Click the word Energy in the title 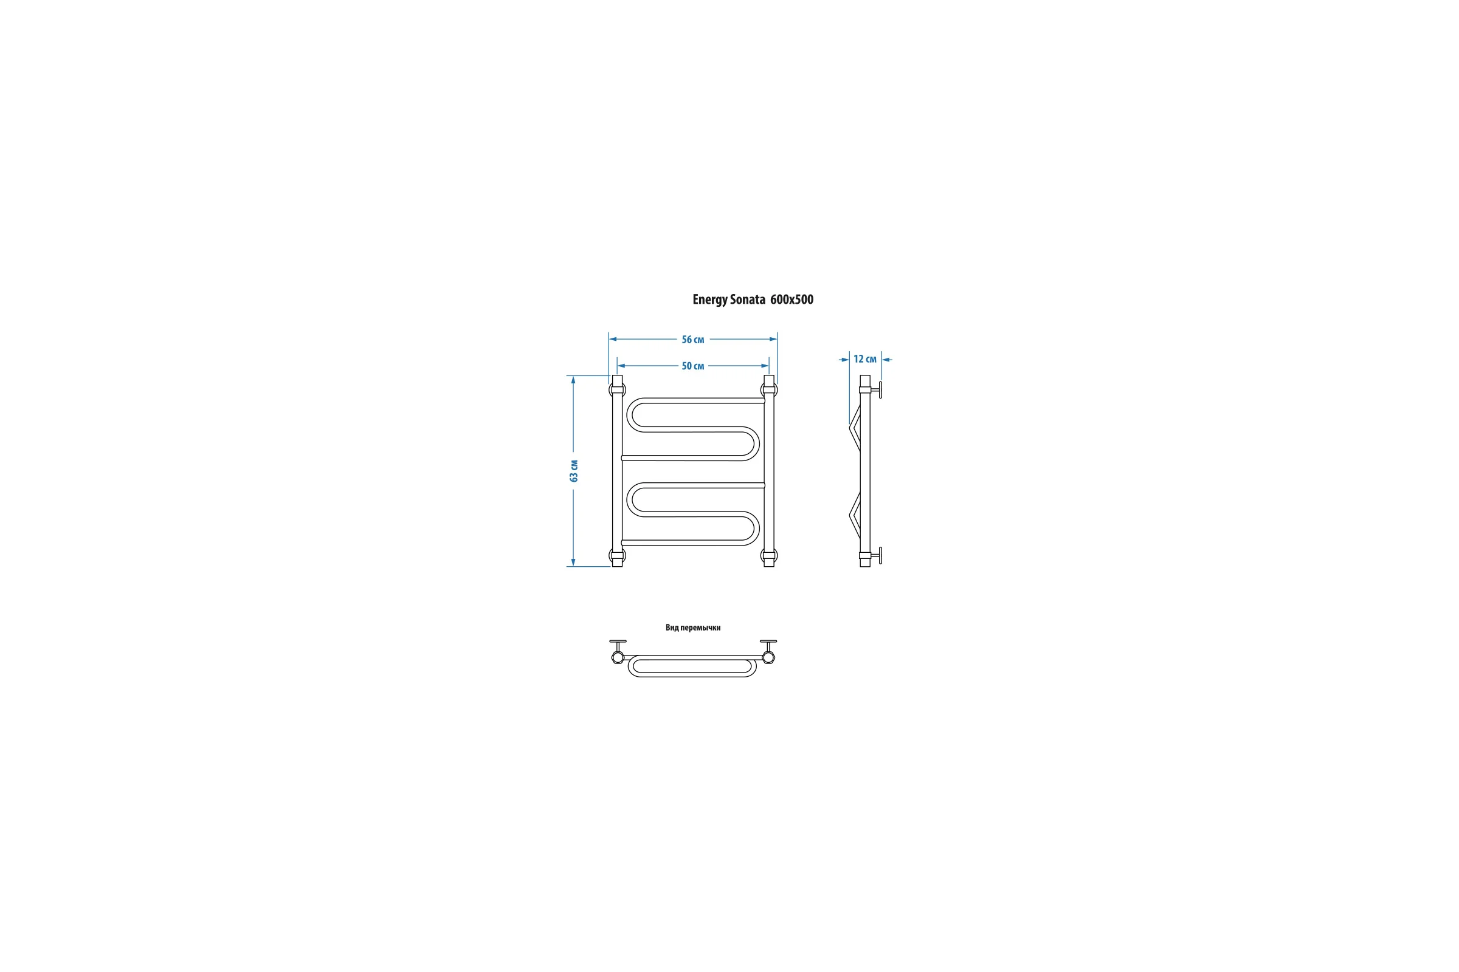coord(709,300)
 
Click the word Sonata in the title coord(748,299)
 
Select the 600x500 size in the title coord(792,299)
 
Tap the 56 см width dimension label coord(693,340)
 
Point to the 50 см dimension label coord(693,366)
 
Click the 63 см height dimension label coord(574,471)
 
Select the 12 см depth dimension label coord(864,359)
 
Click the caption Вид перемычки coord(693,628)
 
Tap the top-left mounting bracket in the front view coord(617,390)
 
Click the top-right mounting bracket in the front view coord(769,390)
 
